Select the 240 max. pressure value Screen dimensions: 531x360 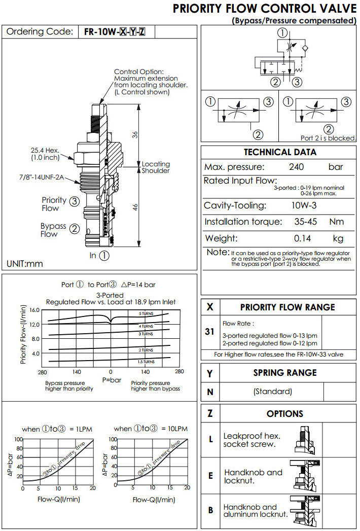pos(296,167)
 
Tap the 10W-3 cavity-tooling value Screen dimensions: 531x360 pos(303,205)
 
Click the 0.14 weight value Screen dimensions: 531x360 pos(303,238)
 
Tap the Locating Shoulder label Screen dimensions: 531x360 pos(156,167)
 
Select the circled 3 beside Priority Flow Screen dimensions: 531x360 pos(75,201)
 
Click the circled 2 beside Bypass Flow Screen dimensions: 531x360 pos(75,228)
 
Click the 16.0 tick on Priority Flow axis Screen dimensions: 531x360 pos(34,310)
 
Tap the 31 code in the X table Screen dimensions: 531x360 pos(210,332)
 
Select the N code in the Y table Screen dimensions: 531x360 pos(210,392)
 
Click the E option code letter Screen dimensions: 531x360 pos(210,476)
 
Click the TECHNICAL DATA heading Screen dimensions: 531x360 pos(280,152)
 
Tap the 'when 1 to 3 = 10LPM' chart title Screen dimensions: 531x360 pos(151,429)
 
